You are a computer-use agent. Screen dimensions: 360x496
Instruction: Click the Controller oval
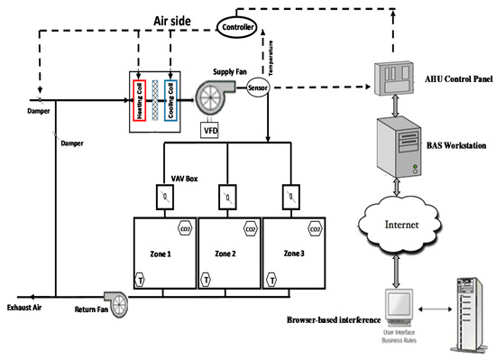click(238, 26)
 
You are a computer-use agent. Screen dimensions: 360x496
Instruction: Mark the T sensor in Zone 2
click(207, 279)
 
